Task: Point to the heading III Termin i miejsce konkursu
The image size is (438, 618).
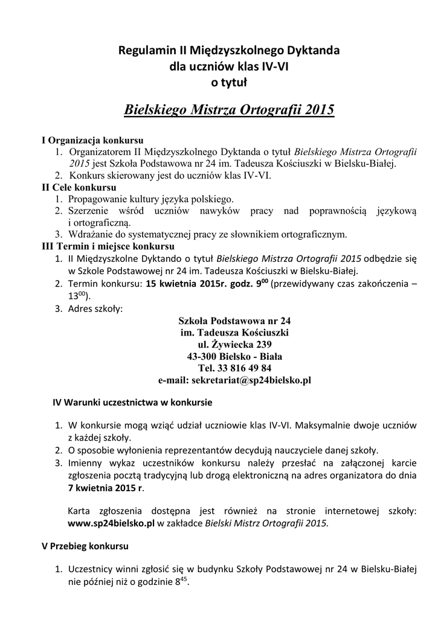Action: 108,246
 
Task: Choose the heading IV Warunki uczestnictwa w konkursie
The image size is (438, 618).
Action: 132,401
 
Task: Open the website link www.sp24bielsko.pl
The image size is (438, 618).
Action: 111,523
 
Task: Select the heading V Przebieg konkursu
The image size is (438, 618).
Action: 85,546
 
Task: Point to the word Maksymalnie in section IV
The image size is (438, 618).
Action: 323,425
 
